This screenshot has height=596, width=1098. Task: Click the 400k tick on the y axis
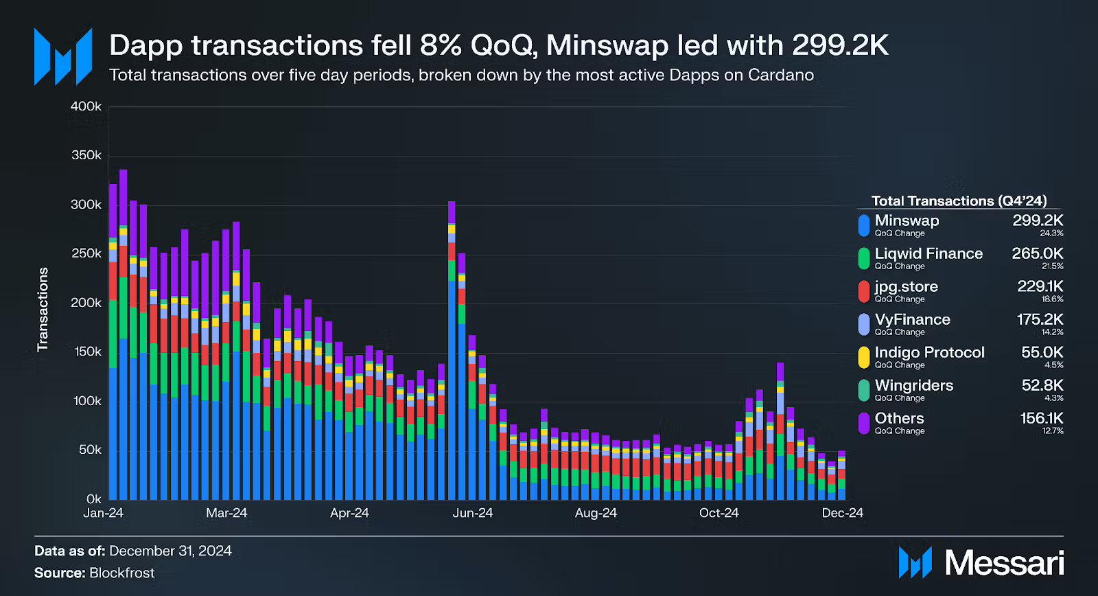86,106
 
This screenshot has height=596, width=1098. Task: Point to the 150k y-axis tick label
87,352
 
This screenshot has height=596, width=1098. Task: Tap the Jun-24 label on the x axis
472,513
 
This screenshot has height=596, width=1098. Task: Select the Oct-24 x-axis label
719,513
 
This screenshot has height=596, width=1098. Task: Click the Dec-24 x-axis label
842,513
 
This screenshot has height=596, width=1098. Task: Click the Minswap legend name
907,220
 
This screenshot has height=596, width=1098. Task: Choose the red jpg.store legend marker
864,291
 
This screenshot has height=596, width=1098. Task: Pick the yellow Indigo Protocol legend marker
864,357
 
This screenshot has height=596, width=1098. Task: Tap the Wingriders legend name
913,385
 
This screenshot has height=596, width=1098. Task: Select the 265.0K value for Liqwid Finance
1037,253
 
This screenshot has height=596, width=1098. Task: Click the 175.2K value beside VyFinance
1040,319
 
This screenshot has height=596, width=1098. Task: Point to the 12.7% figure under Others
1053,431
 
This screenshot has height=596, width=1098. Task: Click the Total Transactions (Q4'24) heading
959,200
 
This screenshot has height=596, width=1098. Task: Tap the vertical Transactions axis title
43,309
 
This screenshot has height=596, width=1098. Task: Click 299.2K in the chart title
840,45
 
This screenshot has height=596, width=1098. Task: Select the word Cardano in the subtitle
781,75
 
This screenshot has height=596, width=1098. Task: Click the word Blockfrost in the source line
121,573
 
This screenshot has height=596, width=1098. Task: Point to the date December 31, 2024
170,551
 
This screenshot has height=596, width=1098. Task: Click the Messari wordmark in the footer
1004,563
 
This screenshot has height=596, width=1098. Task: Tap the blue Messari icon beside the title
63,56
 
